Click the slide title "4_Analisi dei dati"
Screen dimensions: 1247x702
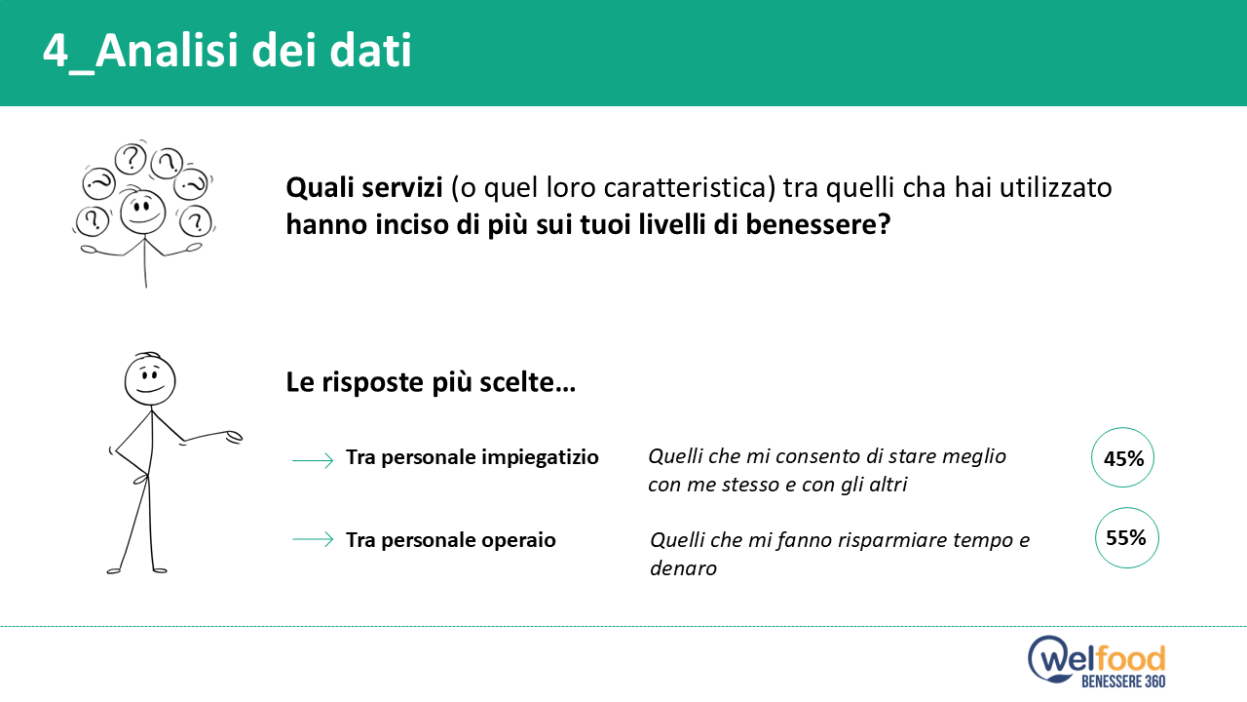pos(227,52)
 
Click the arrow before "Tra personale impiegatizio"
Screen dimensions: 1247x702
pos(313,460)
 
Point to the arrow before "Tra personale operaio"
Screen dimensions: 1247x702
pos(313,539)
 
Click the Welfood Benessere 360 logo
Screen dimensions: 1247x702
pos(1097,661)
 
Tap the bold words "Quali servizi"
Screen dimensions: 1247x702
pos(364,188)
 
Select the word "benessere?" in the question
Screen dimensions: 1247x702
pos(817,224)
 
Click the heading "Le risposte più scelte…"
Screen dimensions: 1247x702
pos(431,383)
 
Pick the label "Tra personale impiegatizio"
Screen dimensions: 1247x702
pos(472,457)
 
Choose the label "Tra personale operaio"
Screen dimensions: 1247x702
pos(451,540)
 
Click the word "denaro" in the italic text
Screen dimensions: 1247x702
pos(683,568)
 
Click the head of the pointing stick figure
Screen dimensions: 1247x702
pos(150,379)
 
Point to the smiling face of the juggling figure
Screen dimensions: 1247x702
pos(143,212)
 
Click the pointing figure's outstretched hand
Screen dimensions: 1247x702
pos(233,437)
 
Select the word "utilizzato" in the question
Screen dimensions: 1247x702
pos(1055,188)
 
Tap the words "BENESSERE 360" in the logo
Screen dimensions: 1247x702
pos(1123,681)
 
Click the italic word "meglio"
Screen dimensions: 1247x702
pos(972,457)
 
